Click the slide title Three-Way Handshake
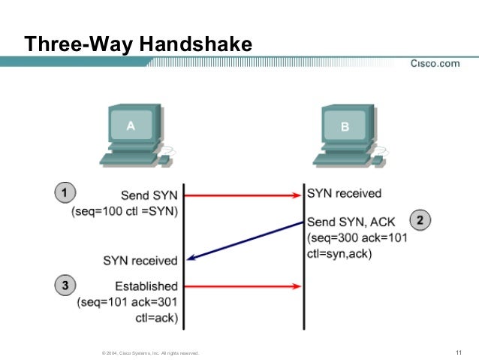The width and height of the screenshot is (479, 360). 137,45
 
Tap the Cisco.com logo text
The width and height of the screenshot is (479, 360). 434,64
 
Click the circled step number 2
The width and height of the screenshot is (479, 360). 420,221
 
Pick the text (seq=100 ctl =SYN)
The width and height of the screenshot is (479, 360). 125,211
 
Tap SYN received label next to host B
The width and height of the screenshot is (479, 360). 344,194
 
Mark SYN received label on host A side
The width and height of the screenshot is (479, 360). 140,261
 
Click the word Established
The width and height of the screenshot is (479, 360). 146,286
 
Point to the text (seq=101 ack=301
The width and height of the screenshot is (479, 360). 128,302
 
